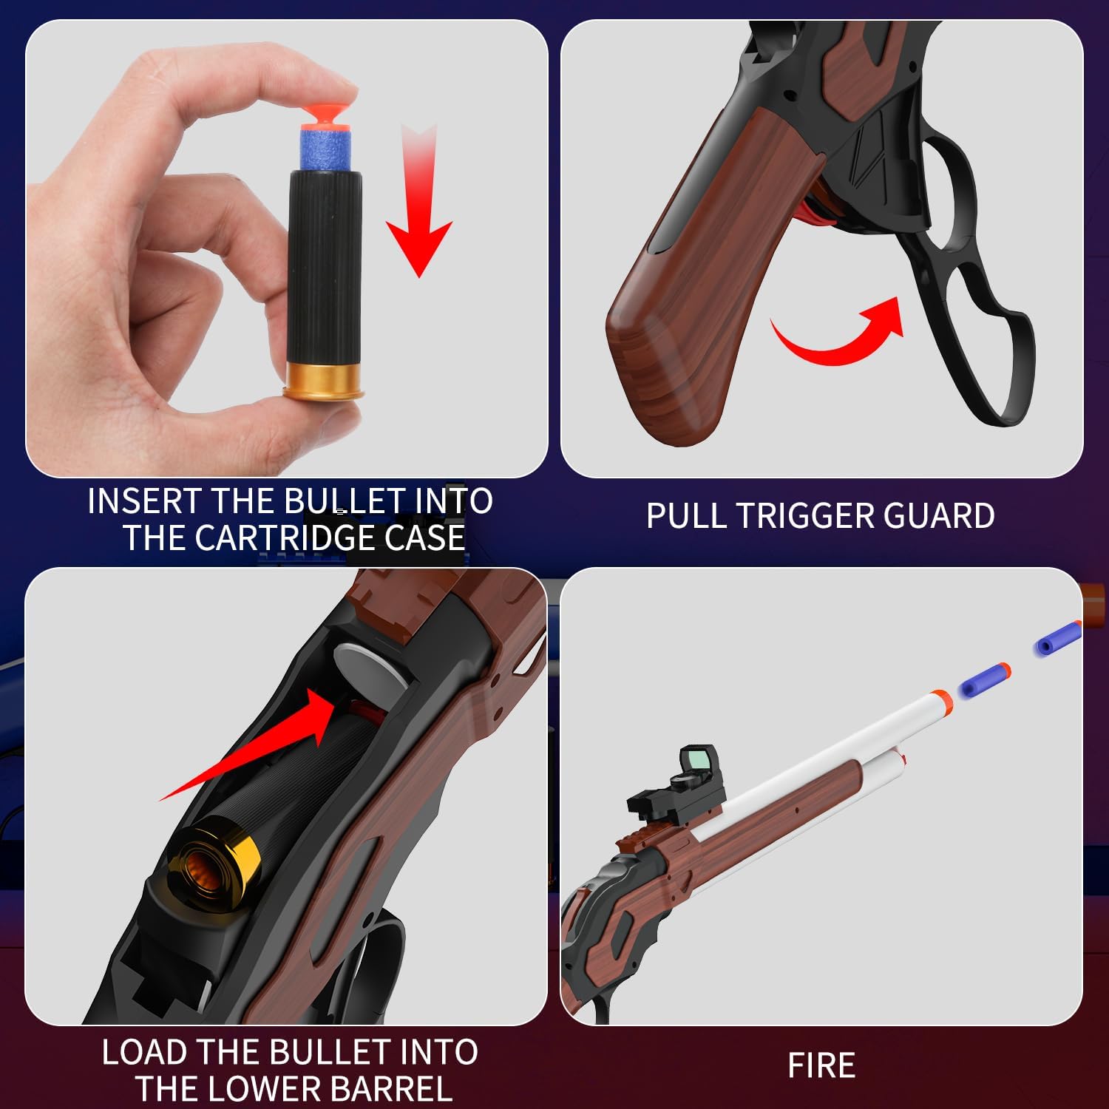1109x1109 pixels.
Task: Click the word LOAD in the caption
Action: pyautogui.click(x=144, y=1052)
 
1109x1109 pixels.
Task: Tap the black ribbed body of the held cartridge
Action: pyautogui.click(x=325, y=266)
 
